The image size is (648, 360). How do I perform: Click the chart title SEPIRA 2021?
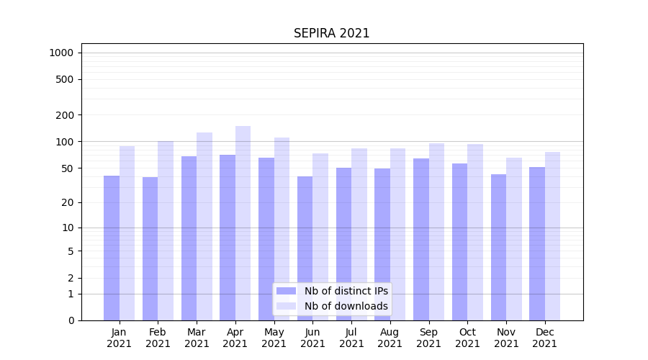tap(331, 33)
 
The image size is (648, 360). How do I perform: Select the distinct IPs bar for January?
tap(112, 248)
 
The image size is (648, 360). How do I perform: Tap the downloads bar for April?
tap(243, 223)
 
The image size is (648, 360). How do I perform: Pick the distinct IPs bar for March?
tap(189, 238)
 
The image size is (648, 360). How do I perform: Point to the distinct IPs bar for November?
tap(498, 248)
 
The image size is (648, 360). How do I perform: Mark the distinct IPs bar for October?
tap(459, 242)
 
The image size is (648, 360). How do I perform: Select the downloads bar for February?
tap(166, 230)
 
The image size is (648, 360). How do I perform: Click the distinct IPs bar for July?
tap(343, 244)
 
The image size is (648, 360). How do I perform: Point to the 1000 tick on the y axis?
tap(61, 53)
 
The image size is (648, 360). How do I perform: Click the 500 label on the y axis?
tap(66, 79)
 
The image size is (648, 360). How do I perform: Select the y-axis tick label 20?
tap(68, 202)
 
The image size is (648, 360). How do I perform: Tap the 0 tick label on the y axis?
tap(71, 320)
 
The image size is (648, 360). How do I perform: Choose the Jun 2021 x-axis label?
tap(312, 338)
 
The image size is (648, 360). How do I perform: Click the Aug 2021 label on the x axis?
tap(390, 338)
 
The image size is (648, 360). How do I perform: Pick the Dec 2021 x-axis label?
tap(544, 338)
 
